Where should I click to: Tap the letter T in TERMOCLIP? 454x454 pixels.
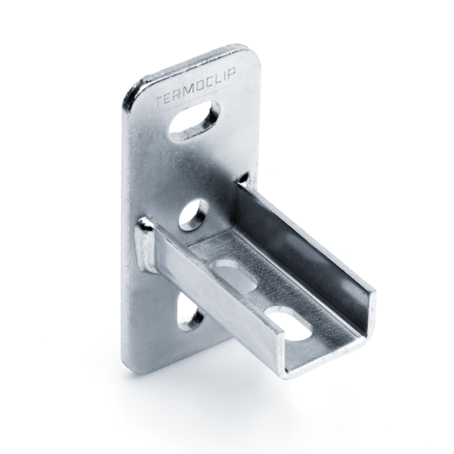pos(157,102)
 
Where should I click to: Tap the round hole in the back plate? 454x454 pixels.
pos(193,215)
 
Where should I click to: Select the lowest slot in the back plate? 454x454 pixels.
pos(190,314)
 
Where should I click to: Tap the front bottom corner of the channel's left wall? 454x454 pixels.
pos(284,372)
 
